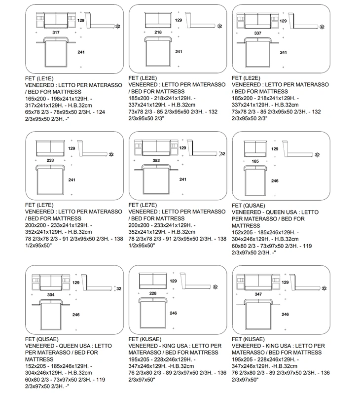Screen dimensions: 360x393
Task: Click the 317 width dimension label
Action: point(56,33)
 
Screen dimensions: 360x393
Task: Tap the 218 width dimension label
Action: point(158,32)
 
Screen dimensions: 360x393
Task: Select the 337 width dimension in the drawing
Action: point(258,33)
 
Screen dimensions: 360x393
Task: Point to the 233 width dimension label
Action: point(50,160)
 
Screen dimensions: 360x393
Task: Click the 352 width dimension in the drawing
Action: point(156,160)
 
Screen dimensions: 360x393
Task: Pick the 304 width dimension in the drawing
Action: point(51,295)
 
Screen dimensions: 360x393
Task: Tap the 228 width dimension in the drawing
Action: point(153,293)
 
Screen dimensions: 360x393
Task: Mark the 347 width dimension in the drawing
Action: point(258,294)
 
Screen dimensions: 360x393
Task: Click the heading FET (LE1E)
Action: point(39,78)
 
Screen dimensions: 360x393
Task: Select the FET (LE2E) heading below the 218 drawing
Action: point(143,78)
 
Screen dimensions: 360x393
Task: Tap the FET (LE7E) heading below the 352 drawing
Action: point(143,205)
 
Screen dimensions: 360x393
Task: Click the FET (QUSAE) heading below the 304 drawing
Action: point(42,339)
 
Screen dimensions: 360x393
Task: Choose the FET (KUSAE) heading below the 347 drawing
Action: point(248,339)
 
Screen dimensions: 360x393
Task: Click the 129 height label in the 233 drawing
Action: point(72,148)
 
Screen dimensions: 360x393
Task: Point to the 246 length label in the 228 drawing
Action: point(173,313)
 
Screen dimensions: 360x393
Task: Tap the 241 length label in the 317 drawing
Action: point(81,52)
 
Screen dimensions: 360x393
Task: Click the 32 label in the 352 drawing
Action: point(222,154)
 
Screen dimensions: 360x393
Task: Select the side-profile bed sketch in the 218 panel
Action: point(200,20)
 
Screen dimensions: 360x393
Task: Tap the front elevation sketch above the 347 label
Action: point(258,283)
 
